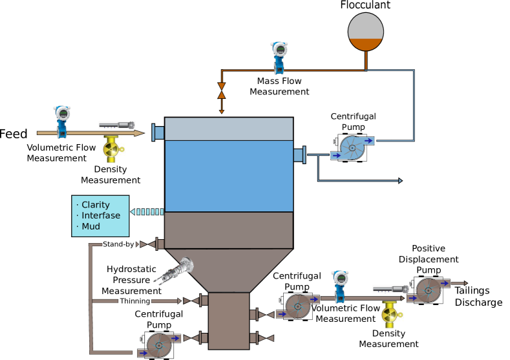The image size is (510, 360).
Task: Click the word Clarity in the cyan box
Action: coord(96,205)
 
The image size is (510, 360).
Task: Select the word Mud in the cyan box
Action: coord(90,227)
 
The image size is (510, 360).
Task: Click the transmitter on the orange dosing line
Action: coord(279,57)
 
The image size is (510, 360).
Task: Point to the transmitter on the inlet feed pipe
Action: coord(62,121)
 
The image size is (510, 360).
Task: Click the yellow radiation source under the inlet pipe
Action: coord(112,149)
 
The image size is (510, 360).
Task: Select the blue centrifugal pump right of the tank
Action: coord(353,148)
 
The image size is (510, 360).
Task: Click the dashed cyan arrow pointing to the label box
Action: coord(147,212)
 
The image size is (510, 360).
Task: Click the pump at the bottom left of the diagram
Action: coord(159,345)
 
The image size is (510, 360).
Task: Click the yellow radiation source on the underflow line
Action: coord(391,315)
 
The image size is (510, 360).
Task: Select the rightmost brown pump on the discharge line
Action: coord(429,290)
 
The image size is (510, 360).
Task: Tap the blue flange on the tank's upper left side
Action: coord(158,132)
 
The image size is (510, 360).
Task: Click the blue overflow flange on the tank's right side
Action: coord(299,155)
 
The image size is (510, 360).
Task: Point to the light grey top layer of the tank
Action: coord(229,129)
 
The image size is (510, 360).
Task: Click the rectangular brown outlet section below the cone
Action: coord(229,321)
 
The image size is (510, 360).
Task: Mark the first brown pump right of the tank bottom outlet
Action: coord(298,306)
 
